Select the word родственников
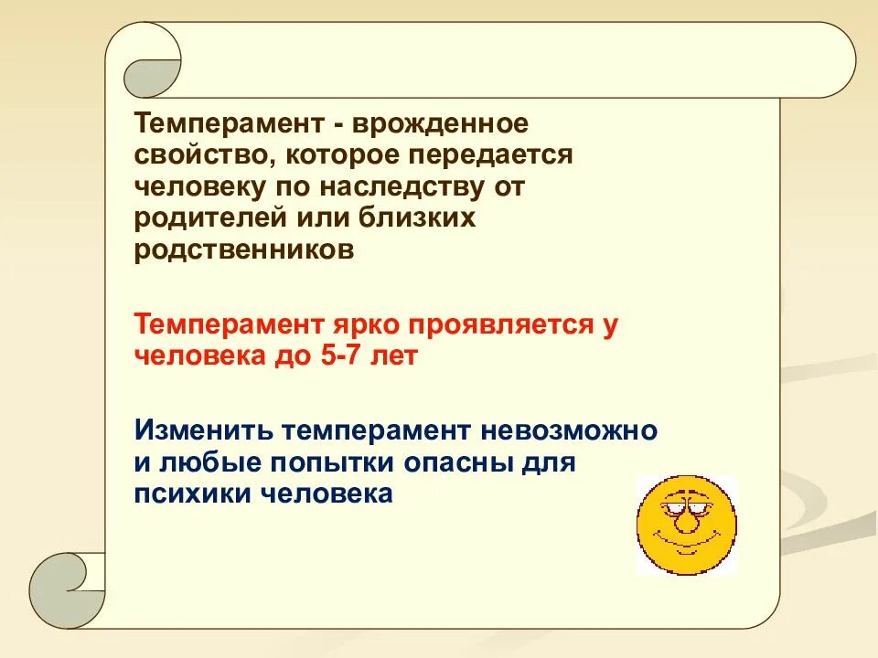click(243, 250)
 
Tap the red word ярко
click(364, 324)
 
